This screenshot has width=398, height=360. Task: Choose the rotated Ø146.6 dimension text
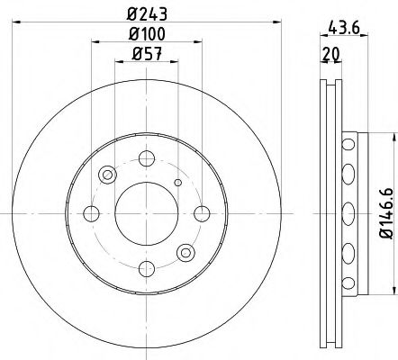click(386, 211)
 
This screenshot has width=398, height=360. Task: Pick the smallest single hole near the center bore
click(176, 184)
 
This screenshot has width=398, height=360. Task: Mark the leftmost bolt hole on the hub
click(90, 212)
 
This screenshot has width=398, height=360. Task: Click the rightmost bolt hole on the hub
click(201, 212)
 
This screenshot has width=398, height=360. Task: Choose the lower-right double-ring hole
click(185, 251)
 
